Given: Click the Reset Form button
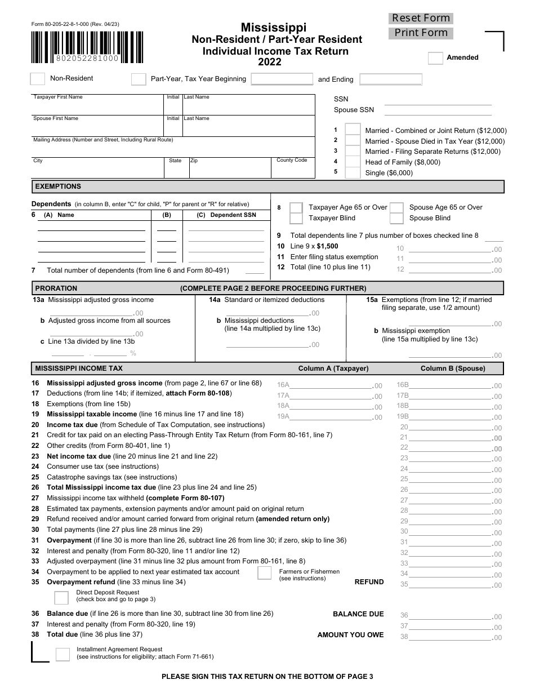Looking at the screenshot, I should [x=421, y=18].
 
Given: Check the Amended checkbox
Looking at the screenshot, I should [x=435, y=58].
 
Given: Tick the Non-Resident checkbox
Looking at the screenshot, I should [x=37, y=79].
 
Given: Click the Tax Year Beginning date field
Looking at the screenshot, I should [x=282, y=79].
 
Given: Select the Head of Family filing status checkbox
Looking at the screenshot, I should [x=353, y=162].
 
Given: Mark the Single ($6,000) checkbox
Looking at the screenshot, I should [x=353, y=173].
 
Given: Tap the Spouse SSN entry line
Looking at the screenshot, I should [x=438, y=110].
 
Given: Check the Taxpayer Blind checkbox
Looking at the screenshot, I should [x=296, y=219].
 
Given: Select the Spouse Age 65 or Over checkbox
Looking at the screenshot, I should [x=396, y=208].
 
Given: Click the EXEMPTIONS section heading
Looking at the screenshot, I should [x=58, y=186].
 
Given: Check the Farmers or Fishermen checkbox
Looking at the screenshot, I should [x=265, y=574].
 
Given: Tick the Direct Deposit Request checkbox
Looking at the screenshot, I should [x=61, y=598].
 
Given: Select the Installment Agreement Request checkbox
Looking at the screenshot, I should [x=63, y=654].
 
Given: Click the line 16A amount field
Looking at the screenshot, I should [x=331, y=385].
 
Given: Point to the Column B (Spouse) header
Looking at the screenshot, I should [x=453, y=368].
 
